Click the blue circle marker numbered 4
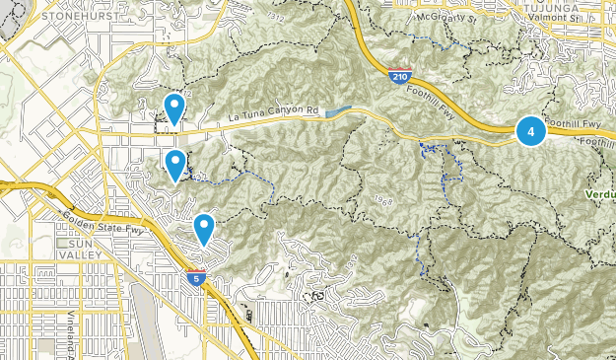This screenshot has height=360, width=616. [531, 130]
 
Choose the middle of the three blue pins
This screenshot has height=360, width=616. [175, 165]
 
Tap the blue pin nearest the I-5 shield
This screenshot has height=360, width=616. [204, 229]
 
